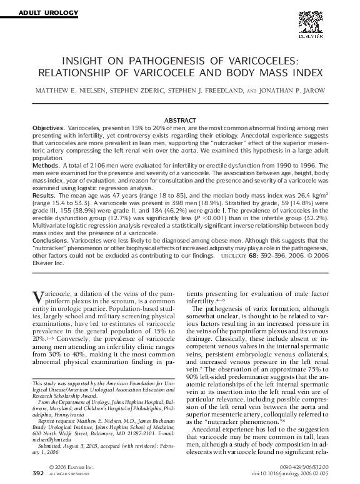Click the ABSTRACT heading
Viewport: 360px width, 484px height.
click(180, 119)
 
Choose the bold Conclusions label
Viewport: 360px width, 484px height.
click(50, 240)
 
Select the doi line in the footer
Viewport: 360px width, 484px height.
click(292, 474)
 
